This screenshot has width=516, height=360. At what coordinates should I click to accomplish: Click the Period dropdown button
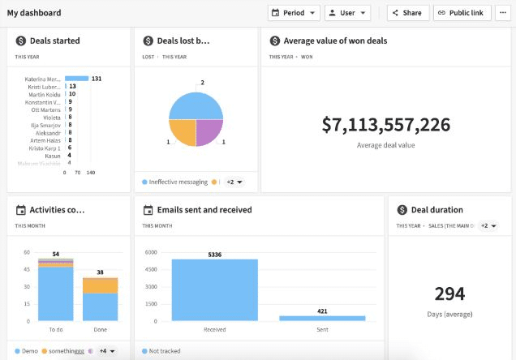point(294,13)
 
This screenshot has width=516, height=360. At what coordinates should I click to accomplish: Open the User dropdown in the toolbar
point(347,13)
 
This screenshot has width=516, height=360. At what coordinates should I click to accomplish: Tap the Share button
point(407,13)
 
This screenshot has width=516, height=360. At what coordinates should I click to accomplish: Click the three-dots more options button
point(503,13)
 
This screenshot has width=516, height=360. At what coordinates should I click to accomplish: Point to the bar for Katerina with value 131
point(76,79)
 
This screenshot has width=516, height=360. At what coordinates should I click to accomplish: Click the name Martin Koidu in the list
point(44,94)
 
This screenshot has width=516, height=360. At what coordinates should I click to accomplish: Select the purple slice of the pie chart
point(209,132)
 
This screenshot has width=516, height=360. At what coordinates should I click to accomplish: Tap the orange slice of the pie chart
point(182,132)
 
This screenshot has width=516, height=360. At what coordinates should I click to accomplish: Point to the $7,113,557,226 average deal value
point(385,125)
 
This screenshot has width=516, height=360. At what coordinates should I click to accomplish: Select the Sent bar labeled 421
point(322,318)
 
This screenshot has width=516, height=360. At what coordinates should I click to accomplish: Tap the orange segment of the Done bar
point(100,285)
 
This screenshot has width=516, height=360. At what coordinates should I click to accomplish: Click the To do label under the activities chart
point(56,330)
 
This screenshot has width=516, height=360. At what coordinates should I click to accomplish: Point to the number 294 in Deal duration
point(449,294)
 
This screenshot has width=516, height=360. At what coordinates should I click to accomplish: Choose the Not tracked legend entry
point(165,351)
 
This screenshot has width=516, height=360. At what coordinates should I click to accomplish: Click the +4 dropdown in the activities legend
point(106,351)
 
